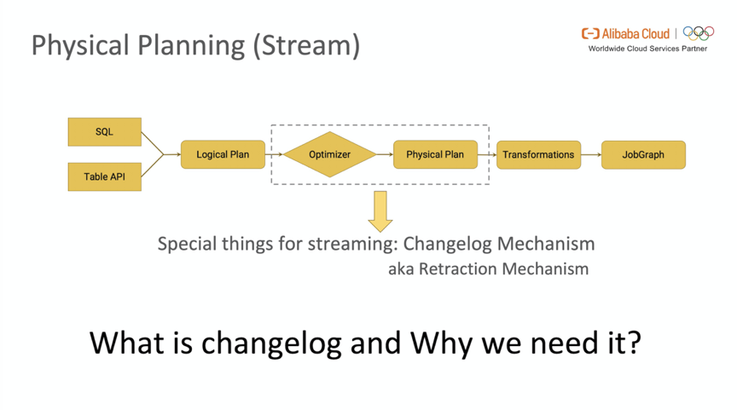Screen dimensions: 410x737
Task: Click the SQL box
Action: pos(104,132)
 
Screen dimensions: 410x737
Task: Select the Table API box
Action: pos(104,176)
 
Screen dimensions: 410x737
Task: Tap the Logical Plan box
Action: pos(223,154)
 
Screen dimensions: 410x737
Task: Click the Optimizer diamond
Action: pos(329,154)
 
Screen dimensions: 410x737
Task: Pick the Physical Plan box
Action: pos(435,154)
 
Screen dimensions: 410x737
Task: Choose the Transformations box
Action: pos(538,154)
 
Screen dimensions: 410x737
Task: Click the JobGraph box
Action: pos(643,154)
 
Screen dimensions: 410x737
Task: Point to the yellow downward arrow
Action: pos(380,211)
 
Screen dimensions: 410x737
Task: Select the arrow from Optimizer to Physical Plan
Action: pos(385,154)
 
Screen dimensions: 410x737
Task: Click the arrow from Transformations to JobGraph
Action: pos(591,154)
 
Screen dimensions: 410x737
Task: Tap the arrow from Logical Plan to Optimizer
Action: pos(274,154)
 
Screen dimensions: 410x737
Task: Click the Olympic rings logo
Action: pos(699,33)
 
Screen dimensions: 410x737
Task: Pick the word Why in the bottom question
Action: pos(442,343)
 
